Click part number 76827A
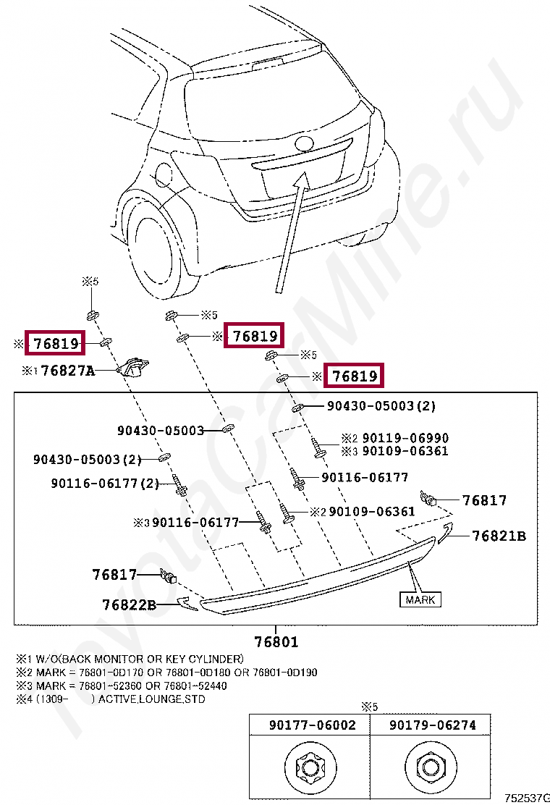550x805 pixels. [x=68, y=371]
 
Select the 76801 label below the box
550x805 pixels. [x=276, y=641]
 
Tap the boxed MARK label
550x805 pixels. [x=420, y=599]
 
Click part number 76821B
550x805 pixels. [x=499, y=536]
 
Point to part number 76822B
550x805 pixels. [x=129, y=604]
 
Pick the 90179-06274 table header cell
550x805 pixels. [x=433, y=725]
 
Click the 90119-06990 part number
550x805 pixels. [x=405, y=438]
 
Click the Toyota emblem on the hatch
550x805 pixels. [x=305, y=143]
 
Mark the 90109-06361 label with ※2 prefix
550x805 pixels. [x=372, y=512]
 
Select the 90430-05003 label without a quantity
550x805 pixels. [x=161, y=431]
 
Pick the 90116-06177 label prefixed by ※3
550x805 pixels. [x=195, y=522]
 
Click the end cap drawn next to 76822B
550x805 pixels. [x=187, y=603]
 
